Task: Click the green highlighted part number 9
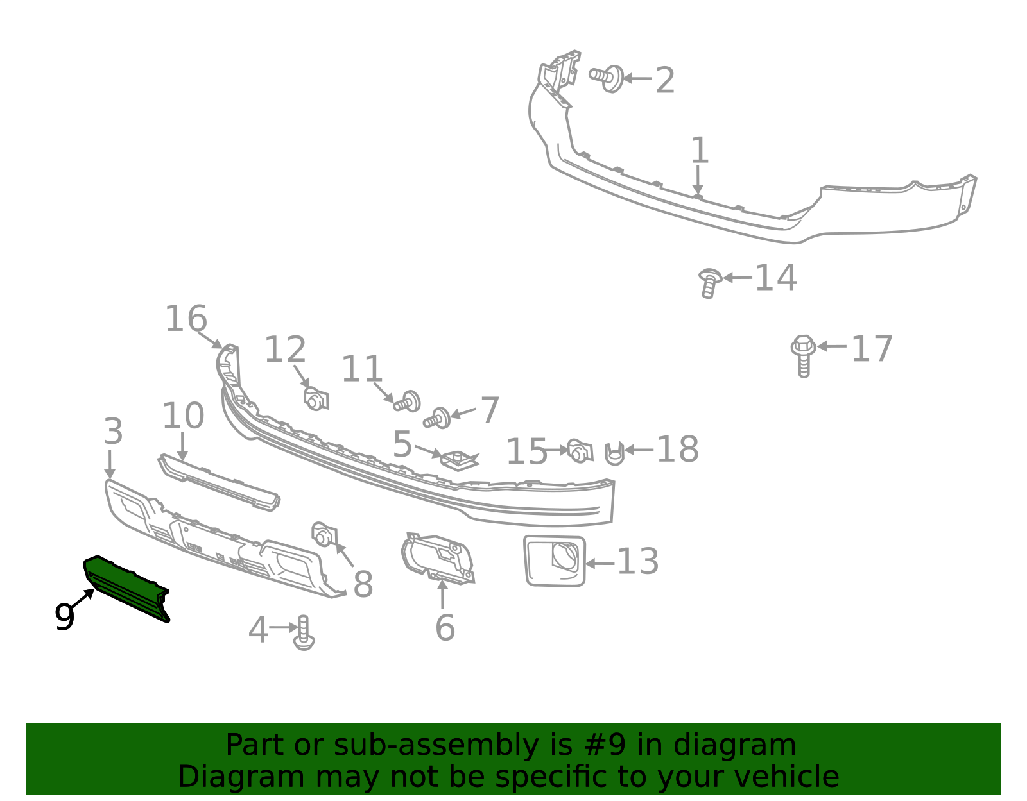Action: [125, 587]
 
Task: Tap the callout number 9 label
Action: [65, 616]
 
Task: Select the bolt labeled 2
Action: [607, 78]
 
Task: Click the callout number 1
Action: [700, 150]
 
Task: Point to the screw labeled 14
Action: [709, 283]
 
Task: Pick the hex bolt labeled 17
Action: [803, 356]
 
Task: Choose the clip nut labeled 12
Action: [316, 399]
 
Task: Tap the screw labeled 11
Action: [407, 401]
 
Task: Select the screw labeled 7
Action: [436, 418]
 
